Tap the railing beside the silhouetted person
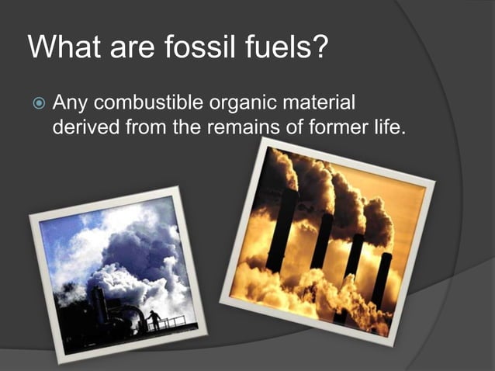[174, 321]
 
